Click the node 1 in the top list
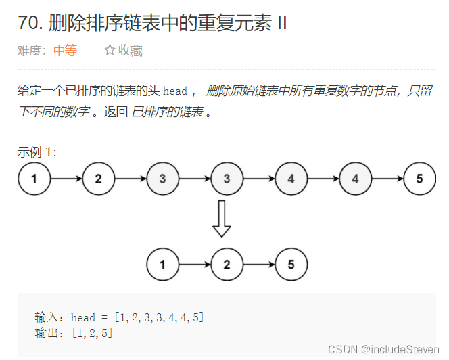click(x=34, y=179)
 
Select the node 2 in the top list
click(x=99, y=179)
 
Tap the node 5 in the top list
click(x=420, y=179)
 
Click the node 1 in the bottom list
click(x=163, y=265)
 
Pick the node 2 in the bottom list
click(x=227, y=265)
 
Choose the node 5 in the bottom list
click(x=291, y=265)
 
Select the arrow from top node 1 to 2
click(x=66, y=179)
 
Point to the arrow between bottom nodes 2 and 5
click(x=259, y=265)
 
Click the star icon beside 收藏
click(x=110, y=51)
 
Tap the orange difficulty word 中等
click(x=65, y=51)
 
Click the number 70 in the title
click(x=28, y=23)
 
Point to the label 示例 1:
click(x=37, y=152)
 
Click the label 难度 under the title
click(x=31, y=51)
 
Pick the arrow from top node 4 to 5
click(x=387, y=179)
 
